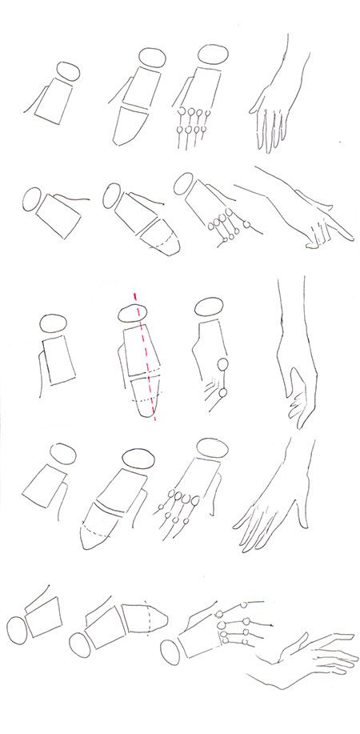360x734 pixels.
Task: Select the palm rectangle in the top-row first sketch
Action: click(54, 102)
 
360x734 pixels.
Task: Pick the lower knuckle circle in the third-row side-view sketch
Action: click(222, 393)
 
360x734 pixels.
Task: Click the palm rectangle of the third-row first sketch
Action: click(60, 358)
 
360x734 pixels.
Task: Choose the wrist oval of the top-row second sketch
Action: click(151, 58)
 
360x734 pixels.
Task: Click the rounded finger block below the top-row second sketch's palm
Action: click(130, 126)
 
